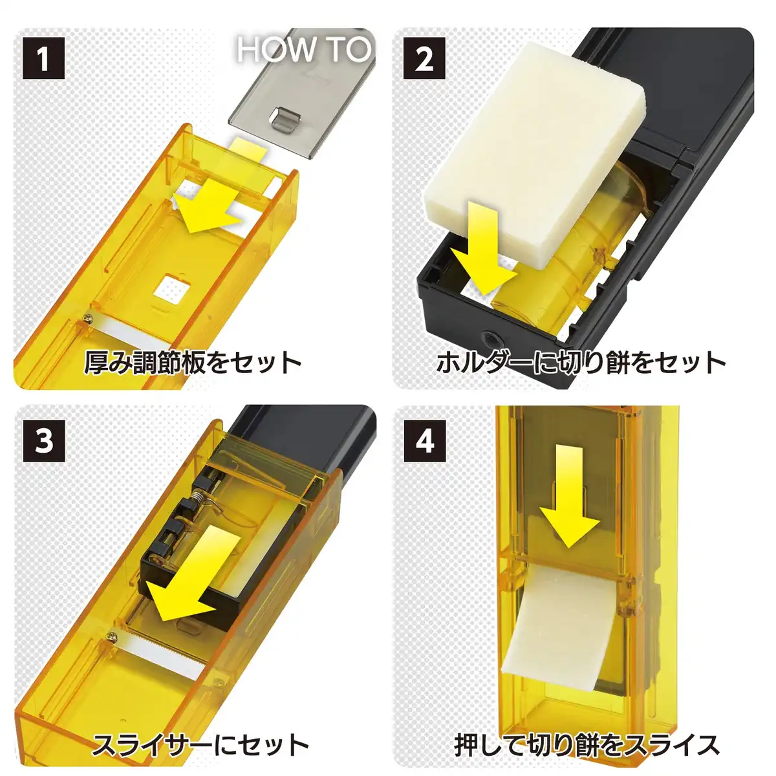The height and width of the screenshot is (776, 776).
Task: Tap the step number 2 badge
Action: click(424, 59)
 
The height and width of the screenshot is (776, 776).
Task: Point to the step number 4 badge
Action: click(424, 441)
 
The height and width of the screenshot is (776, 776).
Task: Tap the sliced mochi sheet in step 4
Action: click(562, 622)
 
